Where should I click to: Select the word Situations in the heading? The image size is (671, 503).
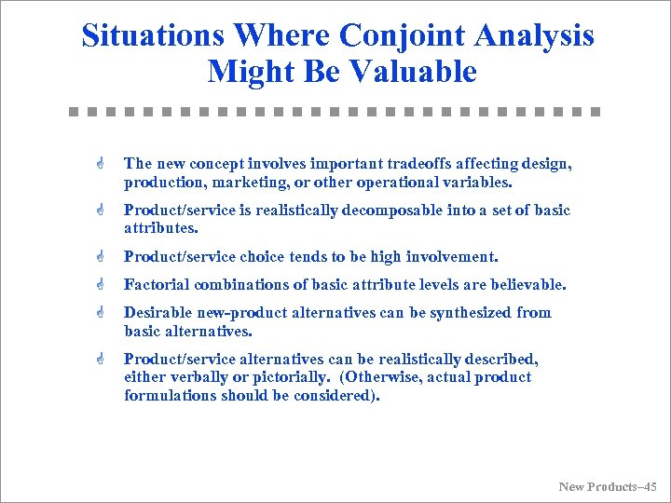tap(153, 35)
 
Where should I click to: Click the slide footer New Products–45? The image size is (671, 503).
tap(608, 486)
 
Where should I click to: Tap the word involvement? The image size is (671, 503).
tap(451, 257)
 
